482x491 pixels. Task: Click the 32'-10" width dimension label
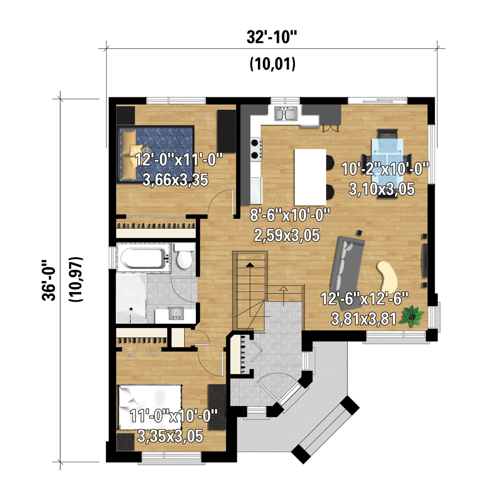(x=271, y=37)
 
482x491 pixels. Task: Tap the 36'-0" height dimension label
(x=49, y=280)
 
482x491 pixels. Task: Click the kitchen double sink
(x=286, y=113)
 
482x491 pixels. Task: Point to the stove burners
(x=256, y=149)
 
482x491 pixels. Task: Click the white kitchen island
(x=310, y=177)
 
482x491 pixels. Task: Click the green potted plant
(x=412, y=316)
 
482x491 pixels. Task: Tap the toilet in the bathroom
(x=183, y=257)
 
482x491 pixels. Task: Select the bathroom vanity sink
(x=176, y=313)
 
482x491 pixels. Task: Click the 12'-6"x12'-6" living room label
(x=364, y=299)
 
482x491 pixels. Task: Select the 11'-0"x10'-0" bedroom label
(x=174, y=416)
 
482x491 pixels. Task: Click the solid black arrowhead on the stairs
(x=249, y=265)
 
